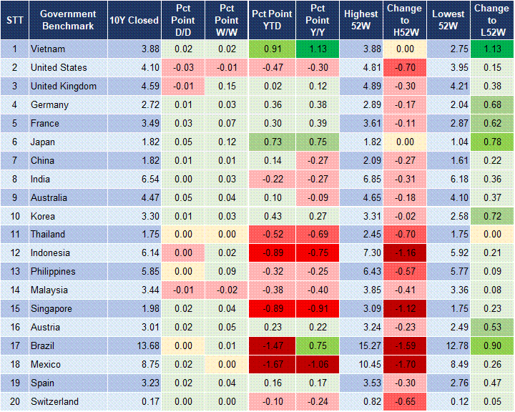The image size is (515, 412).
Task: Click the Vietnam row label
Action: tap(49, 49)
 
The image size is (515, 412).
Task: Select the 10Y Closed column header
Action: tap(134, 20)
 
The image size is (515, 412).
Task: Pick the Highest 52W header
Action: tap(361, 20)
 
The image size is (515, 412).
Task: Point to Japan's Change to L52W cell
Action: tap(492, 142)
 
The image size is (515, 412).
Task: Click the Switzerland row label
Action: tap(54, 401)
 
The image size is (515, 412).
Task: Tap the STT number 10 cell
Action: tap(14, 215)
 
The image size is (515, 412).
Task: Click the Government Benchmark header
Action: tap(68, 20)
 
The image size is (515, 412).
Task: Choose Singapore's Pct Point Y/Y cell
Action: tap(316, 308)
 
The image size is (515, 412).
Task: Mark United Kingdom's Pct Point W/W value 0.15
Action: tap(227, 86)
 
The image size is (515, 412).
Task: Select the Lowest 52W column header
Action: tap(448, 20)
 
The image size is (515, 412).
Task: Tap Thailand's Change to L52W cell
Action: tap(492, 234)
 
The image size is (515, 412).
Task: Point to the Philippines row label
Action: tap(53, 271)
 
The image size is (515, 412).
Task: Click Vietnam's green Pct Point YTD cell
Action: tap(270, 49)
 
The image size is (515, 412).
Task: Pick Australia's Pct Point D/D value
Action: tap(182, 197)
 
